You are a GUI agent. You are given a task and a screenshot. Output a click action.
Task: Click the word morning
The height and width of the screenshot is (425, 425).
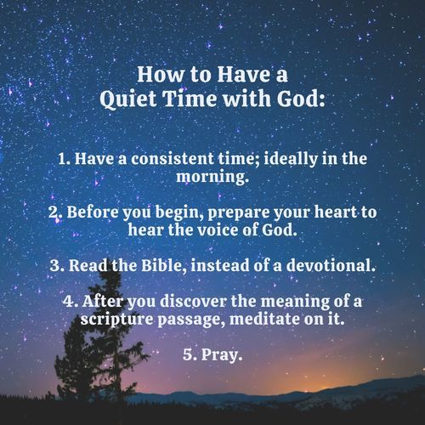click(x=212, y=179)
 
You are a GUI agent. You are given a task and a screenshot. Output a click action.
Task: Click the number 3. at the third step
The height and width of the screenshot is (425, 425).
click(x=59, y=265)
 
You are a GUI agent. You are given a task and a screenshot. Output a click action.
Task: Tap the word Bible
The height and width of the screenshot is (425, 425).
click(x=163, y=265)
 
